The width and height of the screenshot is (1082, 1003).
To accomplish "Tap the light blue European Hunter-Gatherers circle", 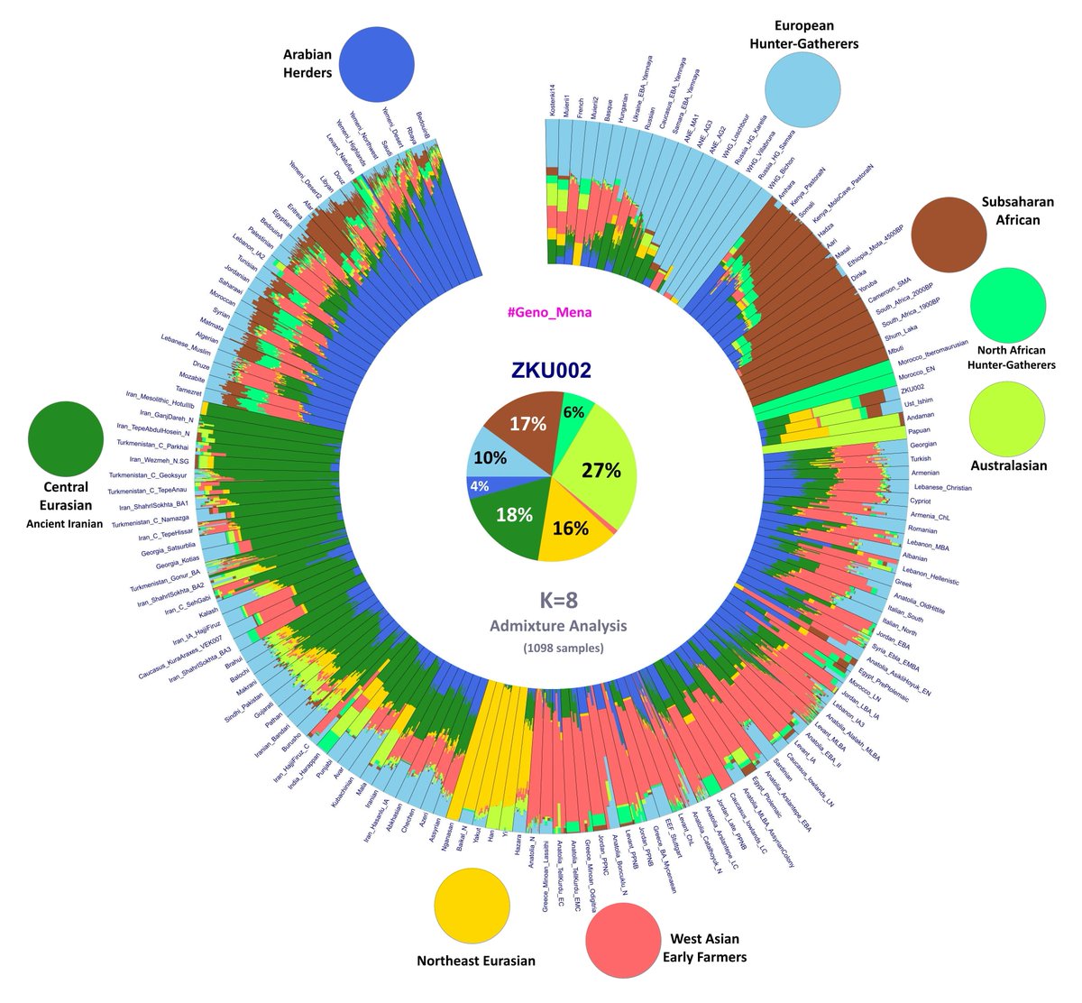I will point(802,88).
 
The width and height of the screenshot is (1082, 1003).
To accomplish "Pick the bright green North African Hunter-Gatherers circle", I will point(1008,306).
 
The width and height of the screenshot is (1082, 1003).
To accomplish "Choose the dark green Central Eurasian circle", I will point(66,439).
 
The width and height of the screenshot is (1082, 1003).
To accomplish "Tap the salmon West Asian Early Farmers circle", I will point(623,943).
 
